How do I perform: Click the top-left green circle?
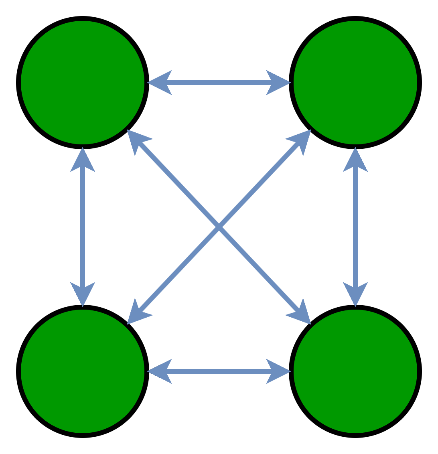[x=83, y=83]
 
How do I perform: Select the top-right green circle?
[x=355, y=83]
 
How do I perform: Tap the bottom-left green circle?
[x=83, y=371]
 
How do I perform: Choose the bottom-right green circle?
[x=355, y=371]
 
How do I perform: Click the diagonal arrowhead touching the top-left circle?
[x=136, y=140]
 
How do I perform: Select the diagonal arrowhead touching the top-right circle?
[x=301, y=140]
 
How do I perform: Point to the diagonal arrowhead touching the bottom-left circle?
[x=137, y=314]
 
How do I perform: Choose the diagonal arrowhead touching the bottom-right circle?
[x=301, y=314]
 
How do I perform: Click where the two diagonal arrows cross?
[x=219, y=227]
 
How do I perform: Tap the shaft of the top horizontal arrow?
[x=219, y=83]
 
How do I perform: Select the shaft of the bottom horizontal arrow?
[x=219, y=371]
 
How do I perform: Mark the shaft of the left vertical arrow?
[x=83, y=227]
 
